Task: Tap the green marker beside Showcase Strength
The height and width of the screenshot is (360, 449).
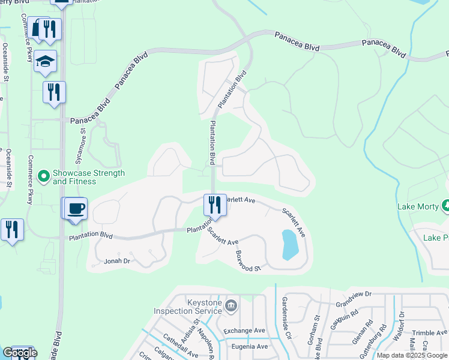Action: [43, 176]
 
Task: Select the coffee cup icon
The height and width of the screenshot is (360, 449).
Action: [76, 209]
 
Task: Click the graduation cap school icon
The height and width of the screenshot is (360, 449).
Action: [45, 62]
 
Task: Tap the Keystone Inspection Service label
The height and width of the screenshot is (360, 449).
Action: [188, 307]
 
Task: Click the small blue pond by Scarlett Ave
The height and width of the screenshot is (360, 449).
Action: [289, 245]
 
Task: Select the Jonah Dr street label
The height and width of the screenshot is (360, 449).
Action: [117, 261]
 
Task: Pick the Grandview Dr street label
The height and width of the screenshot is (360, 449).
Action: [354, 299]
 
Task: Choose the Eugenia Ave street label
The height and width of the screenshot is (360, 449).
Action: [246, 346]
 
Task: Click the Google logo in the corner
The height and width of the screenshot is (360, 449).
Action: [20, 353]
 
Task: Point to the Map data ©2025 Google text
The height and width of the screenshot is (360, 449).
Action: [412, 355]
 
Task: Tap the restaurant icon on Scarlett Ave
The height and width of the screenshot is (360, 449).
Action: [214, 204]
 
